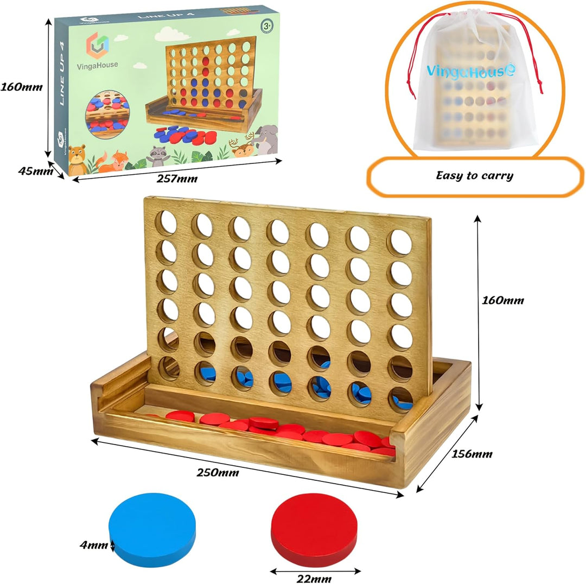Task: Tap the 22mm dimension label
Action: coord(314,579)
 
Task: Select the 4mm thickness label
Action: coord(93,545)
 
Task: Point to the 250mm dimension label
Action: coord(218,473)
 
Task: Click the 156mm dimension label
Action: coord(472,454)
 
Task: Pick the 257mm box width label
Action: coord(177,179)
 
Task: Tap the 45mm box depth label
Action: coord(35,171)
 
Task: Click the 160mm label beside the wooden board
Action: coord(502,300)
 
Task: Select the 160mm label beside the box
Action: coord(21,87)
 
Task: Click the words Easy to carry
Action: coord(475,175)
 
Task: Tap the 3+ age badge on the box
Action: coord(267,26)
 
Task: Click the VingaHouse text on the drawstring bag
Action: coord(471,71)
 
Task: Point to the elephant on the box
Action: coord(265,139)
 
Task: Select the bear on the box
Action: coord(77,160)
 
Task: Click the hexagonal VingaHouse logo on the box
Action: coord(98,46)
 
